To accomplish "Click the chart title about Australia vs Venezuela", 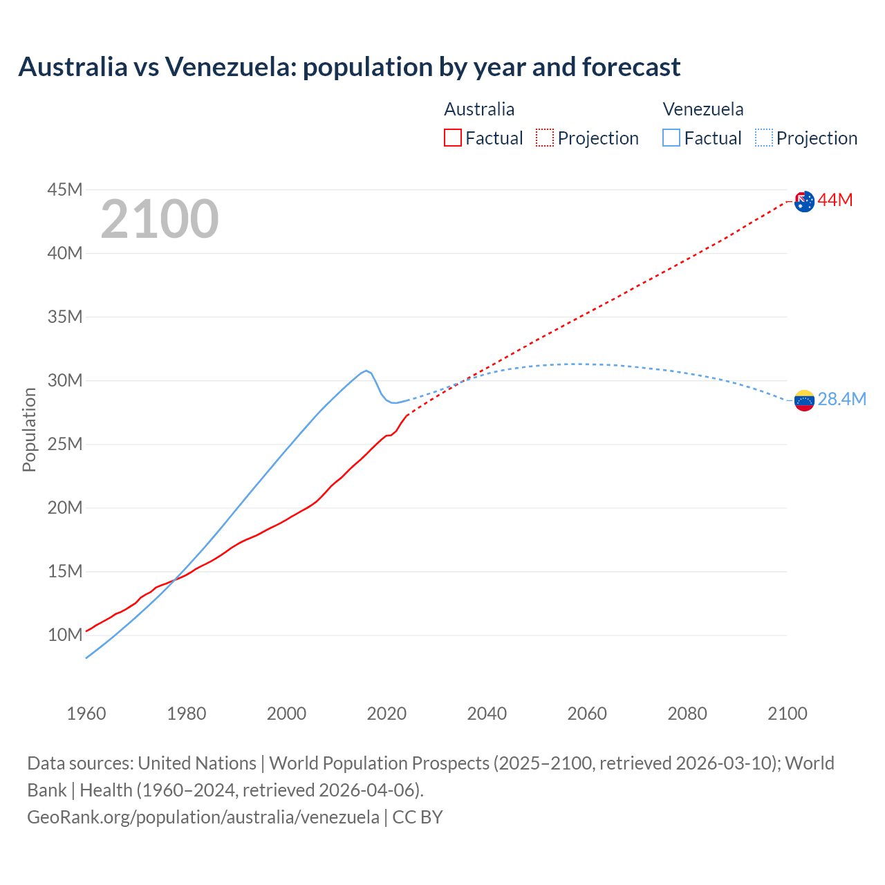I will [x=349, y=67].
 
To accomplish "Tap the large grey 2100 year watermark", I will [x=160, y=219].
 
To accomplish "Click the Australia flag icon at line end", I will [x=804, y=201].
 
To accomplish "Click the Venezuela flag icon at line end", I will [x=804, y=400].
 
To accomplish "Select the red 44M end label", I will [x=835, y=201].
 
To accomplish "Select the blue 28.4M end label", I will [x=841, y=400].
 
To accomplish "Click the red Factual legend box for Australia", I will [x=453, y=138].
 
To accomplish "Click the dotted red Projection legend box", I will [x=545, y=138].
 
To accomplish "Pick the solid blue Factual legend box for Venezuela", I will [x=671, y=138].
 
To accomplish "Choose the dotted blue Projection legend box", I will [x=764, y=138].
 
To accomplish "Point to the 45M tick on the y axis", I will [x=65, y=189].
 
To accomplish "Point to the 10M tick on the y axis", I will [x=65, y=635].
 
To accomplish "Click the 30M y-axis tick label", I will [x=65, y=380].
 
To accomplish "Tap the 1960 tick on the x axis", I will [x=86, y=714].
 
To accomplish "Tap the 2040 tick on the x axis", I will [x=487, y=714].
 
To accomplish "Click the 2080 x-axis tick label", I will [x=687, y=714].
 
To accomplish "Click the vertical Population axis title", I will [x=29, y=429].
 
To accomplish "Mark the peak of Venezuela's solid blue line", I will [x=366, y=371].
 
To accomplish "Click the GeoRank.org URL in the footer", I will [x=203, y=817].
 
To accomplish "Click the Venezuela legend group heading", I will [x=703, y=109].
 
